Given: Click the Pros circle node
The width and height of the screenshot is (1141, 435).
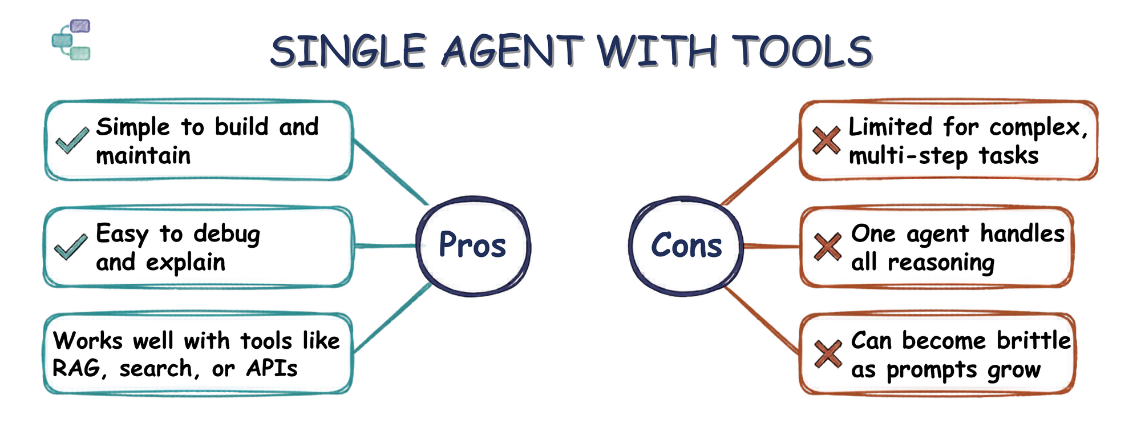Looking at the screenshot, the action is click(x=473, y=245).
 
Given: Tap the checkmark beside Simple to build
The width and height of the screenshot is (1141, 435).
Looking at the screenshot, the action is click(x=72, y=140).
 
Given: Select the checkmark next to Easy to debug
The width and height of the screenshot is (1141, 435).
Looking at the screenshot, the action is click(x=71, y=247).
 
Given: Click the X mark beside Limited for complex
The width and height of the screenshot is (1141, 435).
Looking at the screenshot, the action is click(x=826, y=140).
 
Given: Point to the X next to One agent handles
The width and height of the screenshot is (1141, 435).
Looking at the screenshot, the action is click(x=827, y=247).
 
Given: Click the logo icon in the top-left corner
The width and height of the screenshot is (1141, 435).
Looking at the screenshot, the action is click(x=71, y=39).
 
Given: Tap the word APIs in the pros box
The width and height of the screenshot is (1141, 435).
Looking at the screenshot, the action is click(x=272, y=368).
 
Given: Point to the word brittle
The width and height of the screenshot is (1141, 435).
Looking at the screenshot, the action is click(x=1034, y=340).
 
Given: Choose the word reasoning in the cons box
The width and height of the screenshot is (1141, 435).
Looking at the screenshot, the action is click(x=941, y=263).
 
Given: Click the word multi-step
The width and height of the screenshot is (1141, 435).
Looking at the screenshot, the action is click(x=908, y=156).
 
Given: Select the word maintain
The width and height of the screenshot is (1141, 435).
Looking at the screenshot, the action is click(x=143, y=155).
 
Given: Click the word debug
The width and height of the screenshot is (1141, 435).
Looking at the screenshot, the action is click(x=227, y=235).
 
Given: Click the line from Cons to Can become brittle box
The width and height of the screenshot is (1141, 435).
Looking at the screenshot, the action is click(x=762, y=320).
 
